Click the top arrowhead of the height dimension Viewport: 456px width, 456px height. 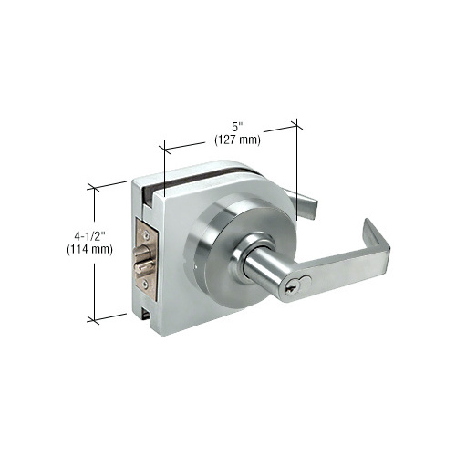point(92,187)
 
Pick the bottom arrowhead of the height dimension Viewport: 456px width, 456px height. point(92,318)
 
